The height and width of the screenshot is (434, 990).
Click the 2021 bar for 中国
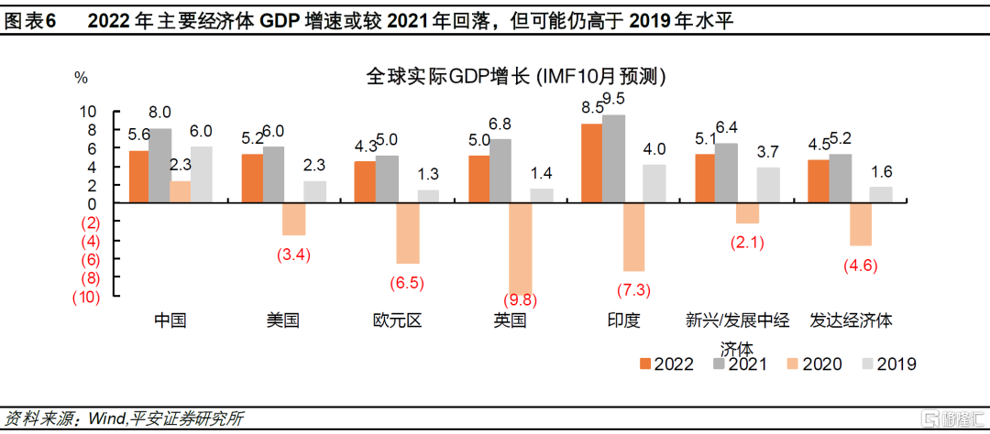click(159, 166)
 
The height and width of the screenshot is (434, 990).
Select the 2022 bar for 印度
click(592, 163)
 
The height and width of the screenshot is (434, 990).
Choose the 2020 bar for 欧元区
click(408, 233)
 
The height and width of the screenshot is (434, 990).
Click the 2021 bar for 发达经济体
click(841, 178)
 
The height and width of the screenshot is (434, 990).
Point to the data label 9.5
click(614, 99)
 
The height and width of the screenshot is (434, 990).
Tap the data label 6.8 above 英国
click(500, 124)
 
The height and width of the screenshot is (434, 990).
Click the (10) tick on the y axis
click(85, 297)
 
